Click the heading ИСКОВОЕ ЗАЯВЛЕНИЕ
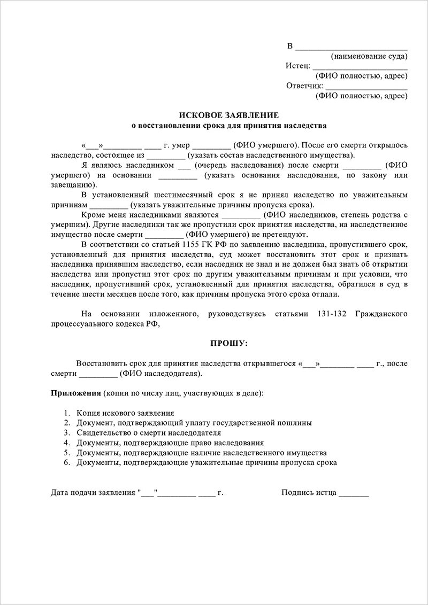(x=228, y=115)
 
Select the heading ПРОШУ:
(x=228, y=342)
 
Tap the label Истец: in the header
(x=297, y=66)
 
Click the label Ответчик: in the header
(x=304, y=86)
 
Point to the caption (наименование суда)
(x=369, y=56)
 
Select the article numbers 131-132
(x=328, y=314)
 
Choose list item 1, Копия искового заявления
(x=125, y=413)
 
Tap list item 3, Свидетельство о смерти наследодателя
(x=148, y=433)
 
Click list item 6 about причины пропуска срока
(x=207, y=462)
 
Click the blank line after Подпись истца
(x=354, y=493)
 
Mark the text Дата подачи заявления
(x=93, y=493)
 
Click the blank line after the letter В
(x=351, y=46)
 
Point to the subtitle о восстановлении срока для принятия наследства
(x=228, y=126)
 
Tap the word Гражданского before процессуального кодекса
(x=381, y=314)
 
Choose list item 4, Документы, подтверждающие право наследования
(x=170, y=443)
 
